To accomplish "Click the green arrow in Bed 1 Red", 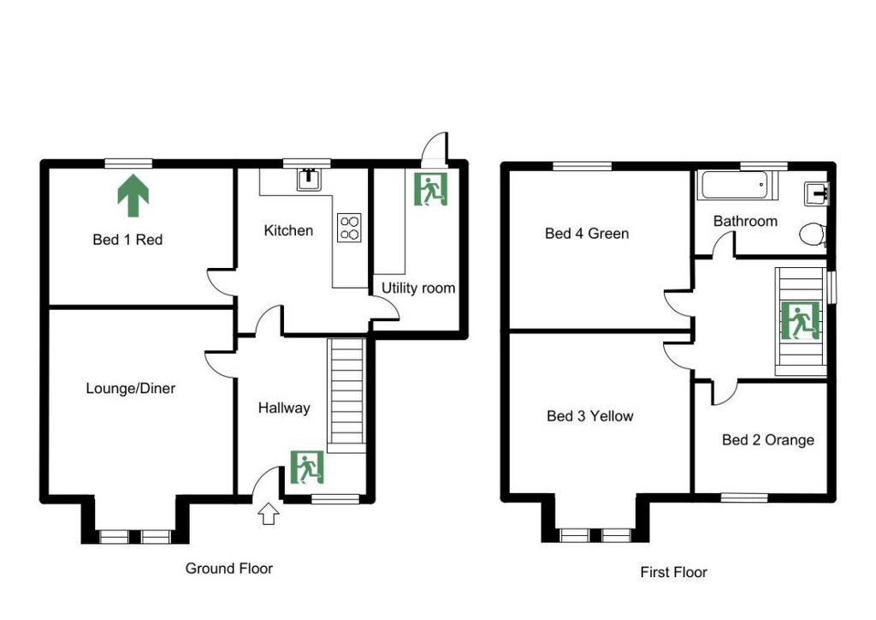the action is point(133,195).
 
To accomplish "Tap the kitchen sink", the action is point(308,179).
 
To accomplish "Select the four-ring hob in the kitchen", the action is point(349,228).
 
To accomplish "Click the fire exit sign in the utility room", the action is point(431,189).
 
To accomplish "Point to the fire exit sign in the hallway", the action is point(307,468).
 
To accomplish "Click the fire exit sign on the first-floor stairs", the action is point(801,320).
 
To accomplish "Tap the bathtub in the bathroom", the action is point(737,186).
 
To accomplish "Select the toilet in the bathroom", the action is point(813,235).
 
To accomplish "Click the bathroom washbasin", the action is point(817,194).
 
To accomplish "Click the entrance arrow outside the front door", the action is point(269,513).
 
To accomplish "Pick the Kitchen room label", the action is point(288,230).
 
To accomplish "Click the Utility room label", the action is point(417,288).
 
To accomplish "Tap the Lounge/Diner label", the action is point(131,388).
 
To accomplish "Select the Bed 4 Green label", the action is point(587,233).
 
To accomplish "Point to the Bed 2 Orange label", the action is point(767,440).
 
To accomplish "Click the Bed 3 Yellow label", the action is point(590,416).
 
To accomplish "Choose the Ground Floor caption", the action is point(229,569).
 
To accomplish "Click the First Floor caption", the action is point(674,572).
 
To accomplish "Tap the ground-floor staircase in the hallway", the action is point(347,396).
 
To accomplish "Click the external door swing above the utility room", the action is point(435,149).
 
